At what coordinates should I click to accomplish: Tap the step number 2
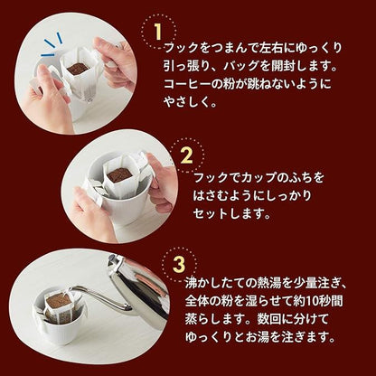coord(187,155)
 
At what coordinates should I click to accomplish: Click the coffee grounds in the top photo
coord(78,69)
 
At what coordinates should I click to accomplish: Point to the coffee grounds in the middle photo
coord(119,174)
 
